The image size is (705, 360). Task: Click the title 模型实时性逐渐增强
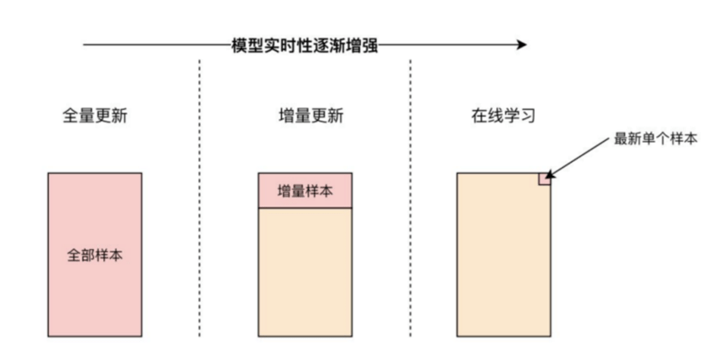point(304,45)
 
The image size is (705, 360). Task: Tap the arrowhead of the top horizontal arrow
point(521,45)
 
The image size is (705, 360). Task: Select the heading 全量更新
point(95,116)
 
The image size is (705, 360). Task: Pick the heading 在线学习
point(503,116)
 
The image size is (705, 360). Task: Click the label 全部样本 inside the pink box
point(95,255)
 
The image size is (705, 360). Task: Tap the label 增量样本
point(305,192)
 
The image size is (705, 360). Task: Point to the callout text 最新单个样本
point(655,139)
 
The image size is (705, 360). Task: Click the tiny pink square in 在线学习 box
point(544,179)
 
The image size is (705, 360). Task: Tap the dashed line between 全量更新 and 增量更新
point(200,217)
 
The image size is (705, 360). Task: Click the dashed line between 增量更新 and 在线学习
point(411,217)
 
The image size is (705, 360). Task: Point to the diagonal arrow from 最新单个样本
point(578,157)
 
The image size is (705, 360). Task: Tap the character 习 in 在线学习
point(528,116)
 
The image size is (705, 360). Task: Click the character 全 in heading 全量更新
point(70,116)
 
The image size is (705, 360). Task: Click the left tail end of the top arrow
point(85,45)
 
